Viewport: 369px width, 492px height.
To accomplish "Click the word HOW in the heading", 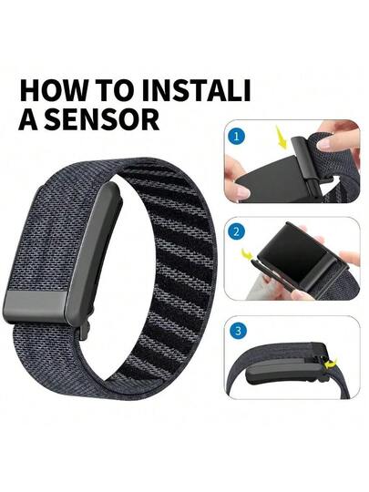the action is [51, 91].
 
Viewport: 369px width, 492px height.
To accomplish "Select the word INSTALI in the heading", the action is [194, 91].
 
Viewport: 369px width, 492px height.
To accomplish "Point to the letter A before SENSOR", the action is [28, 119].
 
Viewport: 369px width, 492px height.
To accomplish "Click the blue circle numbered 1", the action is [236, 137].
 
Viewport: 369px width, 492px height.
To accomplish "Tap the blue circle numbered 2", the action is [236, 232].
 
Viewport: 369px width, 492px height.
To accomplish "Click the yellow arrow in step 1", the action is [282, 137].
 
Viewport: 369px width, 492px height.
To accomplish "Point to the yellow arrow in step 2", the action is [248, 253].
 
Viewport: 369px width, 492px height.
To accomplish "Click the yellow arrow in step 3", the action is [331, 364].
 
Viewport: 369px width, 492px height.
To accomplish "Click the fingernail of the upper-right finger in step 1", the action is [323, 144].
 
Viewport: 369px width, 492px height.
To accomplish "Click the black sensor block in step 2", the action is [302, 252].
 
